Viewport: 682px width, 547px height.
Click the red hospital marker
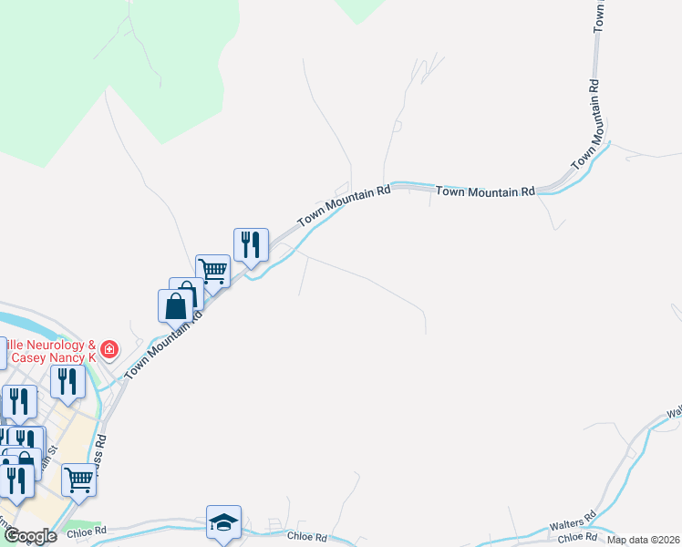[x=108, y=349]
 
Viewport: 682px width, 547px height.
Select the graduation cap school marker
[x=223, y=522]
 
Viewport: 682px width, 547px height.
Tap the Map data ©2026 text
[x=643, y=540]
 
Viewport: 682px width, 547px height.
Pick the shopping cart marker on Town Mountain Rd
[x=212, y=270]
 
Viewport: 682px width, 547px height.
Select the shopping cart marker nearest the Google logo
[x=79, y=477]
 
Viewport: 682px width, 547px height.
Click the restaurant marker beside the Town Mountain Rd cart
[x=251, y=244]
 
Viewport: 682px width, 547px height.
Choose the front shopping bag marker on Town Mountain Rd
[x=175, y=306]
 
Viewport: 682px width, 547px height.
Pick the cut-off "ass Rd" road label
[x=101, y=447]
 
